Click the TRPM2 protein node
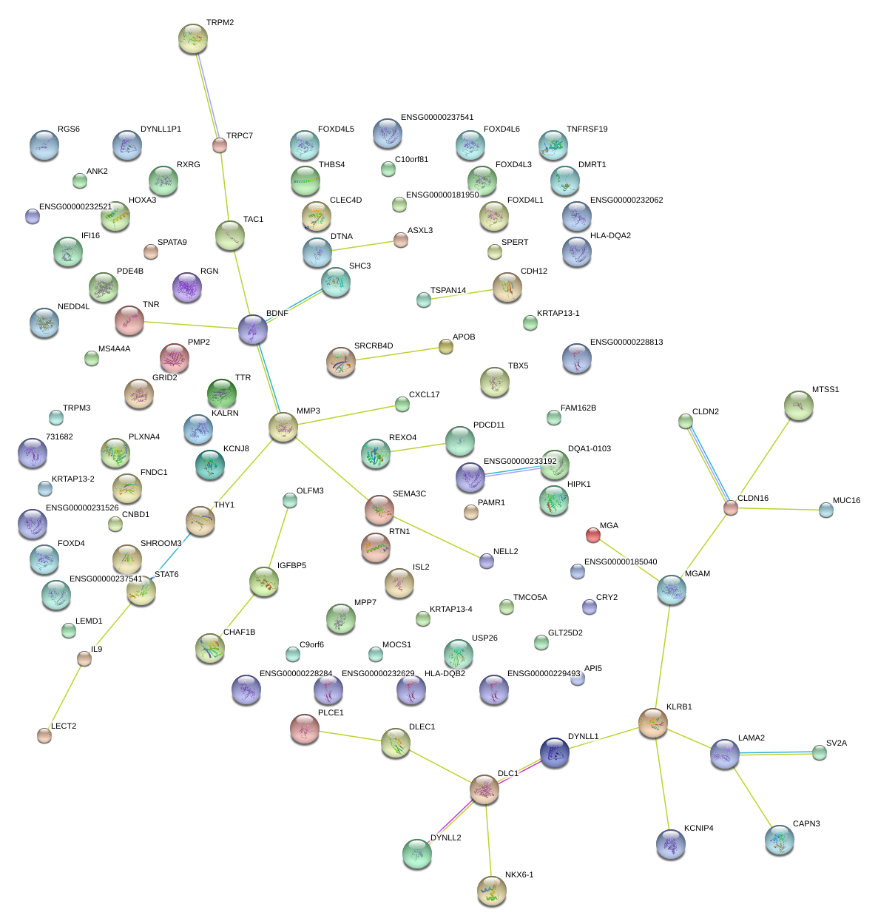pos(193,38)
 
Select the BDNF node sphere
pos(253,329)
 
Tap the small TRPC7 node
pos(220,145)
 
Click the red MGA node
pos(593,535)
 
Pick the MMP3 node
pos(283,427)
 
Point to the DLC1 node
pos(484,789)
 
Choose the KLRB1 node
pos(653,723)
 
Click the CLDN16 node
pos(731,507)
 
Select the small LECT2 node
pos(44,735)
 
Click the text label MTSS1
pos(825,390)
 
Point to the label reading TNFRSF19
pos(587,129)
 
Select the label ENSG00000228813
pos(627,343)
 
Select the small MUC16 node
pos(826,510)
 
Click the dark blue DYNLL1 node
pos(555,752)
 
